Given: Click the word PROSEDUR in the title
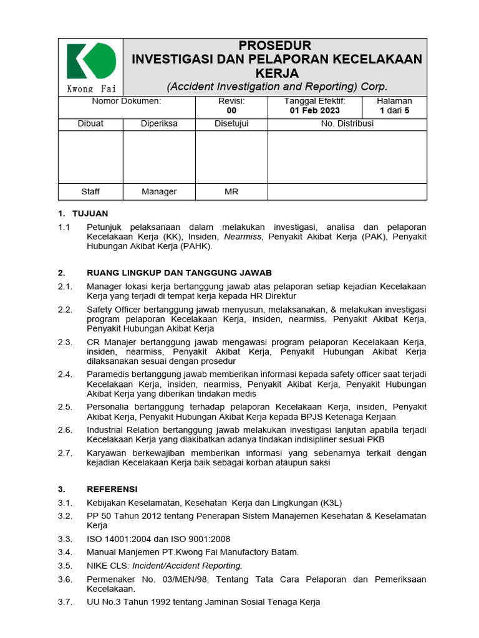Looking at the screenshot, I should [275, 45].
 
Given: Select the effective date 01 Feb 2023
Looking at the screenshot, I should [315, 111].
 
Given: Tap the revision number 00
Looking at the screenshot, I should [231, 111].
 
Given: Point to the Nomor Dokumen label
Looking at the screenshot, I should [127, 101].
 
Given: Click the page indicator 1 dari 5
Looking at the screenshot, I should [394, 111].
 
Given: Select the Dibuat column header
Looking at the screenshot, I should [90, 123].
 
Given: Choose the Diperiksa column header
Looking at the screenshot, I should [159, 123].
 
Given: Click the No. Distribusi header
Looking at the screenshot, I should [347, 123].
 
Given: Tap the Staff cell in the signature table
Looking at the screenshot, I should [90, 192].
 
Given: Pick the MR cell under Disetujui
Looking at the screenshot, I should [231, 192].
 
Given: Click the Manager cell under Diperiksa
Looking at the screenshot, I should [159, 192].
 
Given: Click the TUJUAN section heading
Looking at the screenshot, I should [90, 213].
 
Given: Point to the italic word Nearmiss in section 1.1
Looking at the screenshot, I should [244, 237].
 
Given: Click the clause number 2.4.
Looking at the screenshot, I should [65, 374].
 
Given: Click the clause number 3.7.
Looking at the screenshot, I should [65, 602].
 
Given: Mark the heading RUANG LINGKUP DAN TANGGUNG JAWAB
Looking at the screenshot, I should [180, 273].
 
